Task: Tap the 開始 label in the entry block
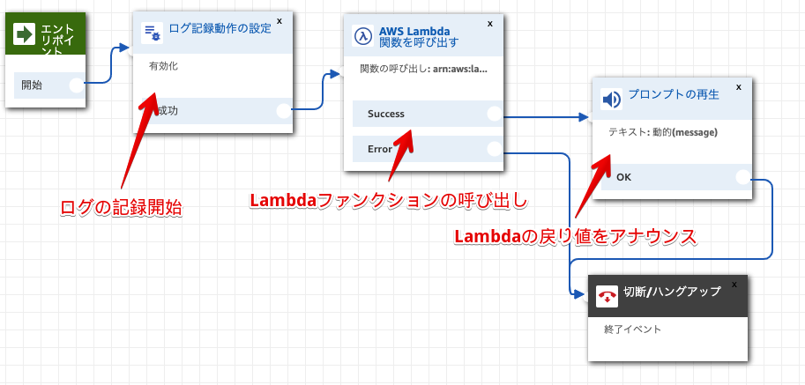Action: (32, 85)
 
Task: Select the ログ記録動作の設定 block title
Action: (220, 28)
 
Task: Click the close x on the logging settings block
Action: (280, 19)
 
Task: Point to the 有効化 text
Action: (162, 66)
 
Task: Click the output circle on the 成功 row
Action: (283, 110)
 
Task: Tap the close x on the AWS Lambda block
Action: (490, 19)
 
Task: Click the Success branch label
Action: (386, 114)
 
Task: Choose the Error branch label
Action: (380, 149)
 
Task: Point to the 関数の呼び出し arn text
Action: (424, 69)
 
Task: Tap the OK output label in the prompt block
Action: (624, 177)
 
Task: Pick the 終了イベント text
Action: (632, 329)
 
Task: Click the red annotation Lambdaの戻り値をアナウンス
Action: (575, 236)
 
